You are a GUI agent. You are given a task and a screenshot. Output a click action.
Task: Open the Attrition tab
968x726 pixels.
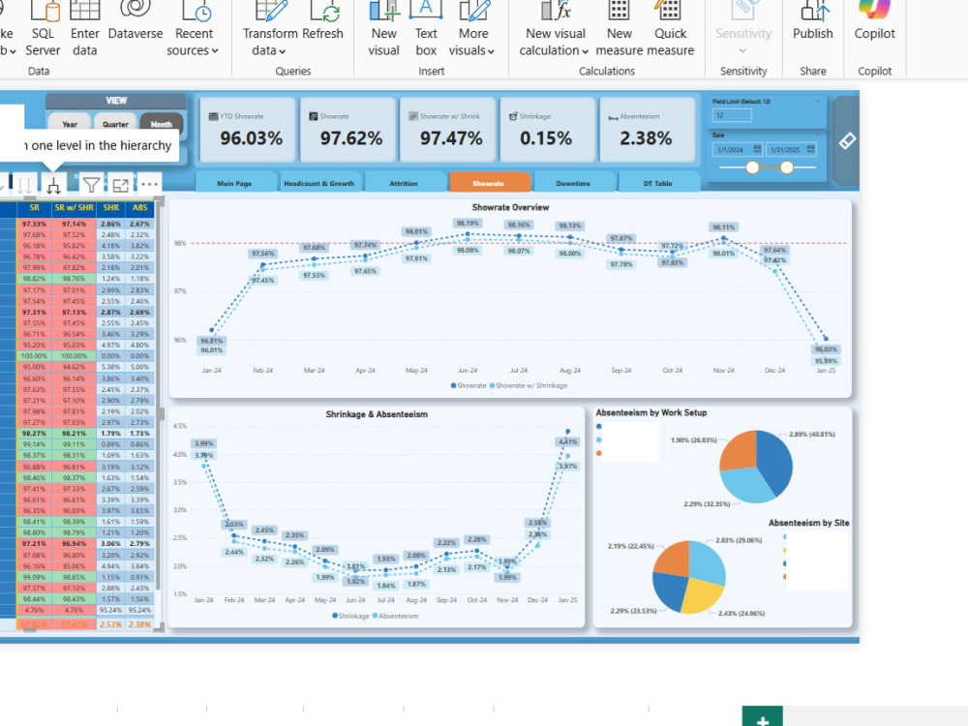tap(404, 183)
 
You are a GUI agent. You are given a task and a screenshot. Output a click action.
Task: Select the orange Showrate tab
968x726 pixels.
tap(489, 183)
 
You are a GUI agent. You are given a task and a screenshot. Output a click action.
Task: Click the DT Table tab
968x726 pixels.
tap(657, 183)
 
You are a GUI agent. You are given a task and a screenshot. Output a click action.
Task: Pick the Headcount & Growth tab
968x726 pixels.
tap(318, 183)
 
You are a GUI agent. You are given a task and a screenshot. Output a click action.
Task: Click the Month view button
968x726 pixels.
tap(161, 124)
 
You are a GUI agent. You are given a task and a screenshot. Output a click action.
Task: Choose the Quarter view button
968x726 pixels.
tap(115, 124)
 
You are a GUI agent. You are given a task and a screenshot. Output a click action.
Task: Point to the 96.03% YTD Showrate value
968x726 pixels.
tap(251, 138)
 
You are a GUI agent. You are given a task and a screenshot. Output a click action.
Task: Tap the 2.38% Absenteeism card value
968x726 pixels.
tap(645, 138)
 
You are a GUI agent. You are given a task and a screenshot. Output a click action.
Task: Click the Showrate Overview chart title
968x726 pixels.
tap(510, 207)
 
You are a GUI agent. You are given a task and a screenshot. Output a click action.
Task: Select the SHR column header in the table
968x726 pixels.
tap(110, 207)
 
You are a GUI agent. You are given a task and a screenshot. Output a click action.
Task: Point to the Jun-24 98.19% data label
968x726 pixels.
tap(468, 223)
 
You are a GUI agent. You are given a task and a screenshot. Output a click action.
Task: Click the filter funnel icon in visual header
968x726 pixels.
tap(90, 184)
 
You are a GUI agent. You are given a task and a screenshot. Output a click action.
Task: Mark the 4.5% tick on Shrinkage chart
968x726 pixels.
tap(179, 426)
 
